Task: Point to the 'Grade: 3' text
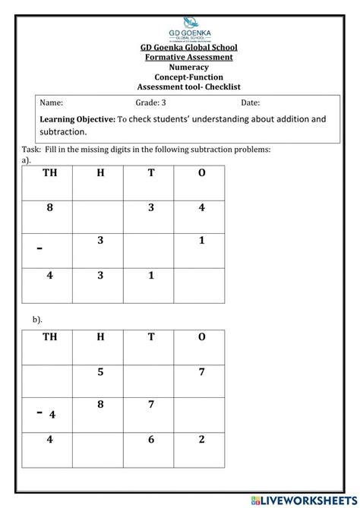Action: click(150, 103)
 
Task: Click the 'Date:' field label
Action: click(251, 103)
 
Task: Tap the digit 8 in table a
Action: click(50, 207)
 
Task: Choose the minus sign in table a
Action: click(39, 248)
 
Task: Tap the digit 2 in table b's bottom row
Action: click(201, 439)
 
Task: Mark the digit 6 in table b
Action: click(151, 439)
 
